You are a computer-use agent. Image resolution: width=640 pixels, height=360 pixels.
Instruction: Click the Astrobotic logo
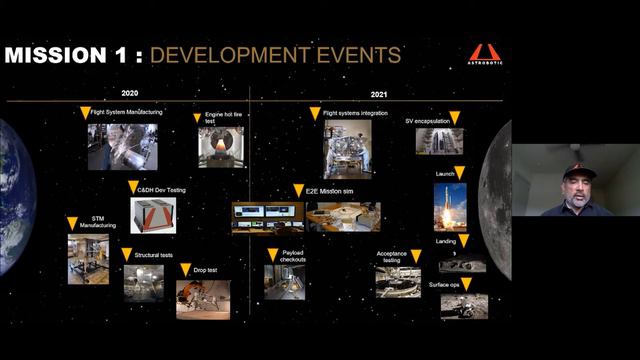pos(487,54)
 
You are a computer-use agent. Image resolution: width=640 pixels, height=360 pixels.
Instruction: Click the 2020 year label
pos(129,93)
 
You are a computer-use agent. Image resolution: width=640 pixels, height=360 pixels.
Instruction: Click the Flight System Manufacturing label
pos(126,113)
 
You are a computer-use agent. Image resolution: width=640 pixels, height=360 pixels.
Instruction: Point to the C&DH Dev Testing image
pos(153,215)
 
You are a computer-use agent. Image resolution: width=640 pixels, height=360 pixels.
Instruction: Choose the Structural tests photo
pos(143,282)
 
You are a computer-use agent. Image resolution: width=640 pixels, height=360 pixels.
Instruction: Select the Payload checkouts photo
pos(284,281)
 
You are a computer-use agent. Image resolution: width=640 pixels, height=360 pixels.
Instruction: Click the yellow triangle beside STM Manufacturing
pos(72,223)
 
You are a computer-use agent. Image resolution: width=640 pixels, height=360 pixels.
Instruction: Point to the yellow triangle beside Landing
pos(464,241)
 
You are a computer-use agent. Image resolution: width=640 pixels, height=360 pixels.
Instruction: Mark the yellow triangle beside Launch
pos(459,173)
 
